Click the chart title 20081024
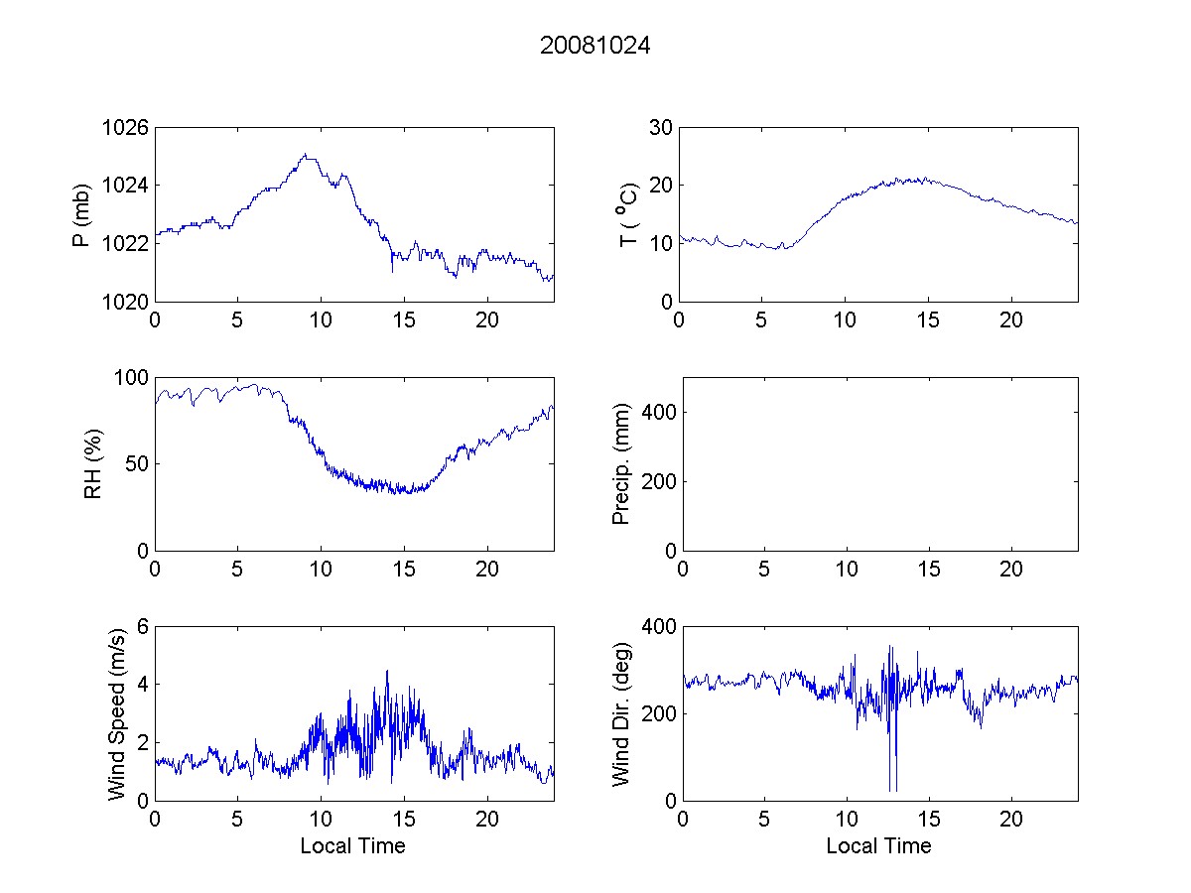[x=595, y=46]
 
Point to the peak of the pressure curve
[x=306, y=155]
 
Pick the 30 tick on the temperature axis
[x=662, y=128]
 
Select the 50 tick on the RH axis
[x=138, y=463]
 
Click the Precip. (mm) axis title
[x=622, y=463]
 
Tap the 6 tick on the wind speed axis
[x=144, y=627]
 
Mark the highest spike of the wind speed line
[x=387, y=671]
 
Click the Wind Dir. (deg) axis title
[x=622, y=713]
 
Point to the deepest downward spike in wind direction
[x=891, y=790]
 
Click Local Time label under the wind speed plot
[x=352, y=846]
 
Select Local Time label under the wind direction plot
[x=878, y=846]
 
